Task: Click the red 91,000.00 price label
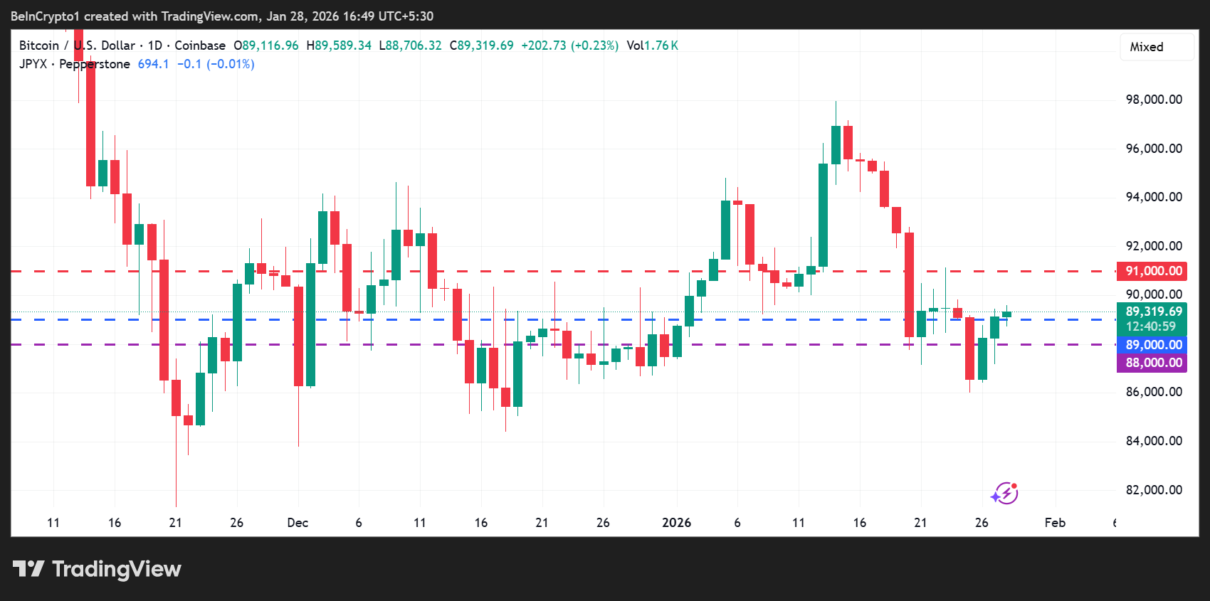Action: (1152, 271)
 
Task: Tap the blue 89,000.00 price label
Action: (1152, 345)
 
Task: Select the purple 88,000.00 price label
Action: (1152, 363)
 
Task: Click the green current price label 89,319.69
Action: (1152, 312)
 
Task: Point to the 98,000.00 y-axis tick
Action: (1153, 100)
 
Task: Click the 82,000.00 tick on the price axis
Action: (1153, 490)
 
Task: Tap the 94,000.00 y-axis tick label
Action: (1153, 197)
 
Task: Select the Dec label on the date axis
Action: (298, 523)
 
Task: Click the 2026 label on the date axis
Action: (676, 523)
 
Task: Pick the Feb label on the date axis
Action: (1055, 523)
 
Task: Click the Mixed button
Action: (1147, 47)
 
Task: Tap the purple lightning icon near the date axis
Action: (1004, 493)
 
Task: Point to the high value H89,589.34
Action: (340, 46)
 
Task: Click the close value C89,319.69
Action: (482, 46)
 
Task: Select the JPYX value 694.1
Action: (153, 64)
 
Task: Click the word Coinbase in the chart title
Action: (200, 46)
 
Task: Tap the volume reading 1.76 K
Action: (661, 46)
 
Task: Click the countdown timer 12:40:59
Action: (1150, 326)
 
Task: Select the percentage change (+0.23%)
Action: (595, 46)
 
